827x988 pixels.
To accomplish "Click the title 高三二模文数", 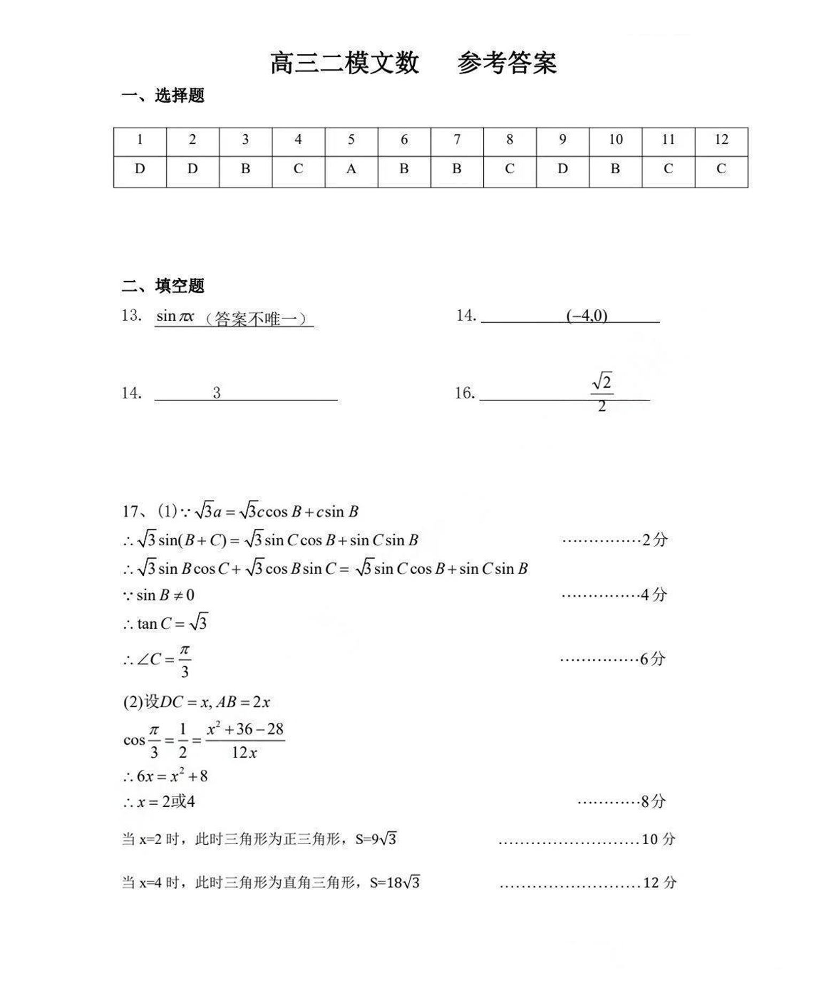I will [x=344, y=64].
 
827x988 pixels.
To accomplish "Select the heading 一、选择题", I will [x=163, y=96].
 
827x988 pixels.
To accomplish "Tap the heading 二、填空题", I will [x=163, y=286].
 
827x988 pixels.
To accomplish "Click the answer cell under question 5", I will [x=351, y=169].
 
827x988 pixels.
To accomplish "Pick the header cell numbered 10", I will [x=615, y=140].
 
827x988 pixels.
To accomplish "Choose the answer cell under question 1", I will [x=140, y=169].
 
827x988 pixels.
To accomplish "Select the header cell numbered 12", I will [x=721, y=140].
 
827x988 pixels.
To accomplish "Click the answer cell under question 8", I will [x=509, y=169].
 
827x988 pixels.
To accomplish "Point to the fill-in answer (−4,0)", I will [x=586, y=315].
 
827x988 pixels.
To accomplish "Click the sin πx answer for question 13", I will [x=175, y=316].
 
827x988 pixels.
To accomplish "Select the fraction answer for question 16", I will [x=601, y=393].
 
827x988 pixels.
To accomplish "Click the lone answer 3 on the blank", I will [x=217, y=393].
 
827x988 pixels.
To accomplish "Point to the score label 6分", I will [x=652, y=659].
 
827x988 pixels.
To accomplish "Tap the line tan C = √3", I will [x=166, y=623].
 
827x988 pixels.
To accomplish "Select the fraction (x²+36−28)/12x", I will [x=245, y=740].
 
